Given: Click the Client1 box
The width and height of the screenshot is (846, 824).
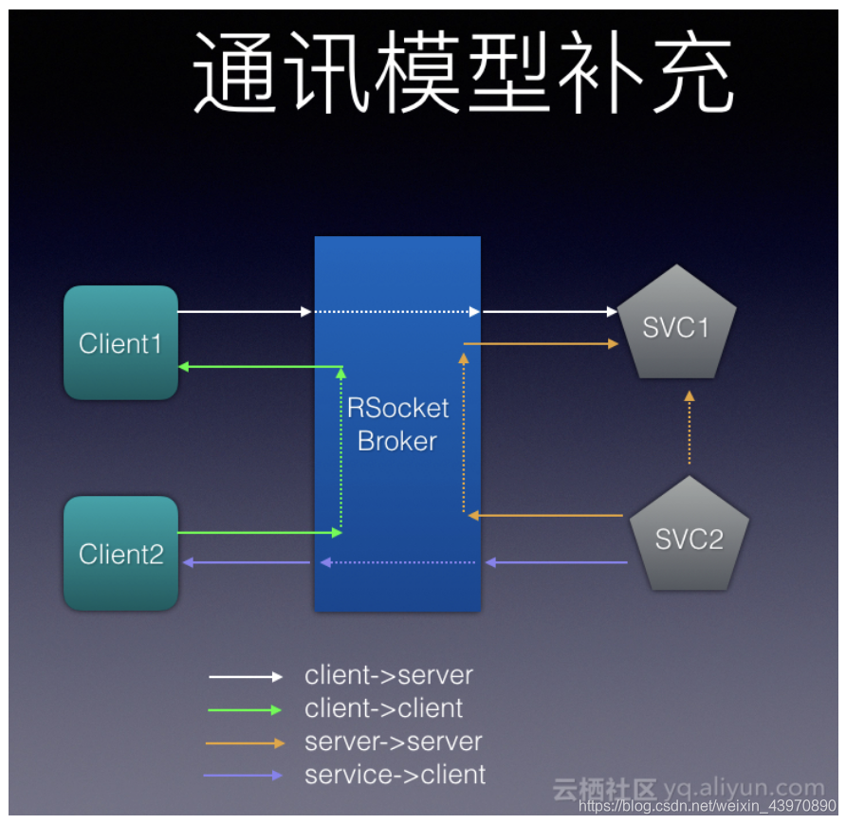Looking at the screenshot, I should [x=120, y=342].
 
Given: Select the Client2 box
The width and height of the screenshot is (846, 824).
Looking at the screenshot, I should [x=120, y=553].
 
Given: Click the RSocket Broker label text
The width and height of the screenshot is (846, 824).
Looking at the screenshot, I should [x=397, y=424].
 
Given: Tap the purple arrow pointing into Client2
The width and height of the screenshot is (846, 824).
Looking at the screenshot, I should [x=246, y=563].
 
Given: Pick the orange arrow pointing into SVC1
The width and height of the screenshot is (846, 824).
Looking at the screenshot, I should [x=541, y=343].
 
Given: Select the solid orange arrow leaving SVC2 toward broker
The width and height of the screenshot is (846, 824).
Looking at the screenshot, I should [x=546, y=515].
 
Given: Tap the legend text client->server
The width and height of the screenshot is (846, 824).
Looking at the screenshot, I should [x=388, y=675].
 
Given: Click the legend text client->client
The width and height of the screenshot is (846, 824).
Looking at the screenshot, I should [x=383, y=708].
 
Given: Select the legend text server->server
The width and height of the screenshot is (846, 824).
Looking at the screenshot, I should [x=393, y=742].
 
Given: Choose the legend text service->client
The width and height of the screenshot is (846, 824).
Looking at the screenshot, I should [x=395, y=775].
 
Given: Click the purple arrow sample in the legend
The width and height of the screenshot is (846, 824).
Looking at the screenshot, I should [x=244, y=776].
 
